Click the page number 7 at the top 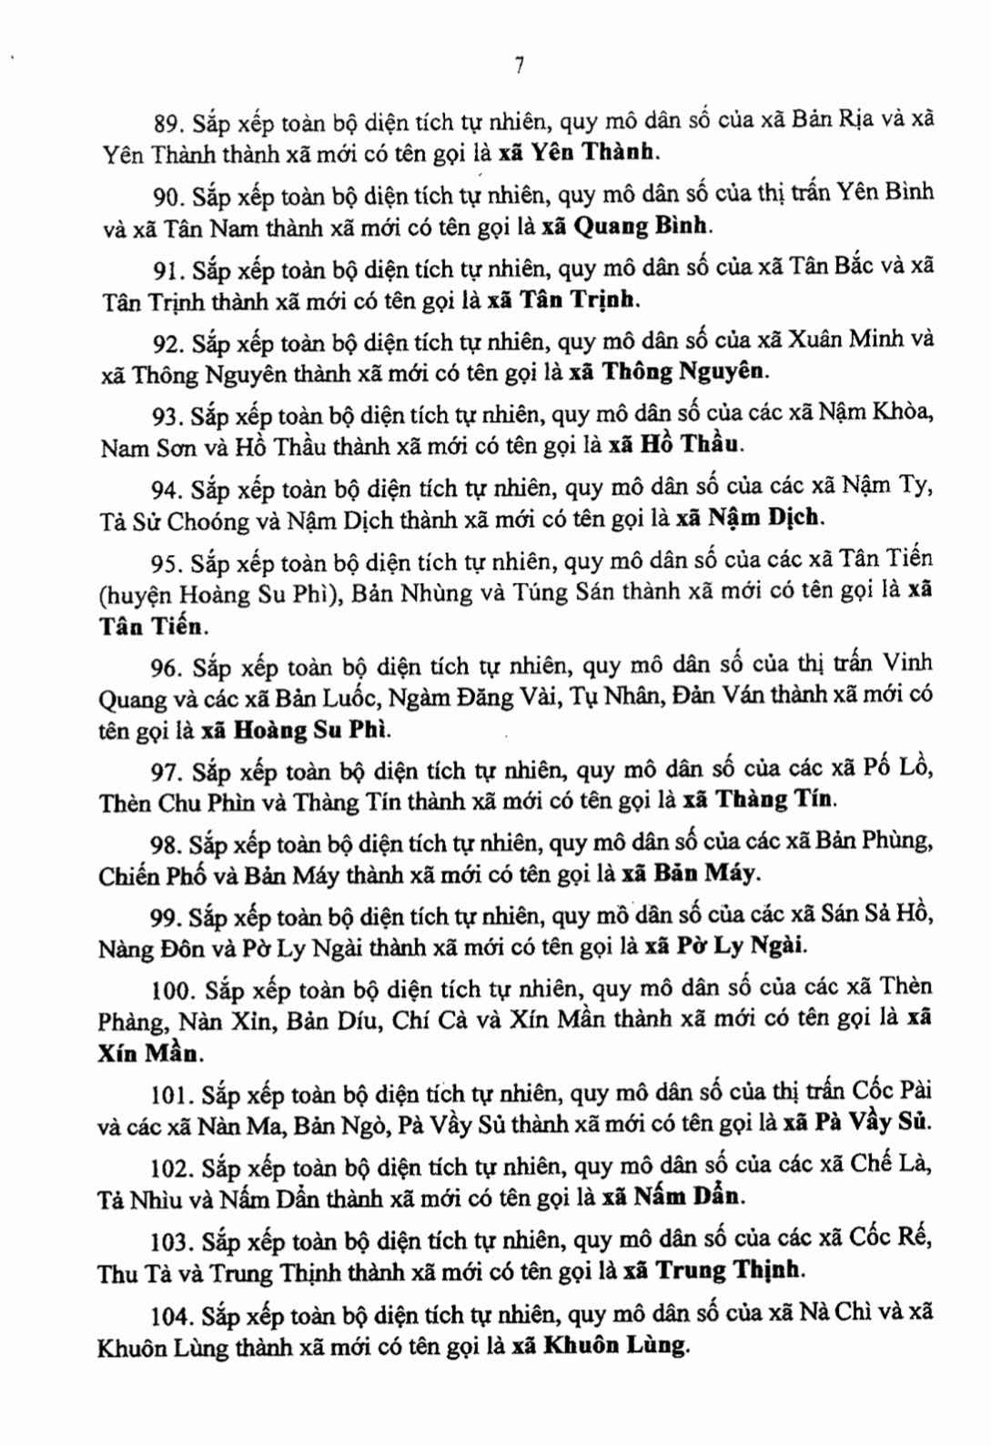click(x=519, y=65)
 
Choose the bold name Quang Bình click(x=642, y=227)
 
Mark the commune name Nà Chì click(x=834, y=1314)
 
